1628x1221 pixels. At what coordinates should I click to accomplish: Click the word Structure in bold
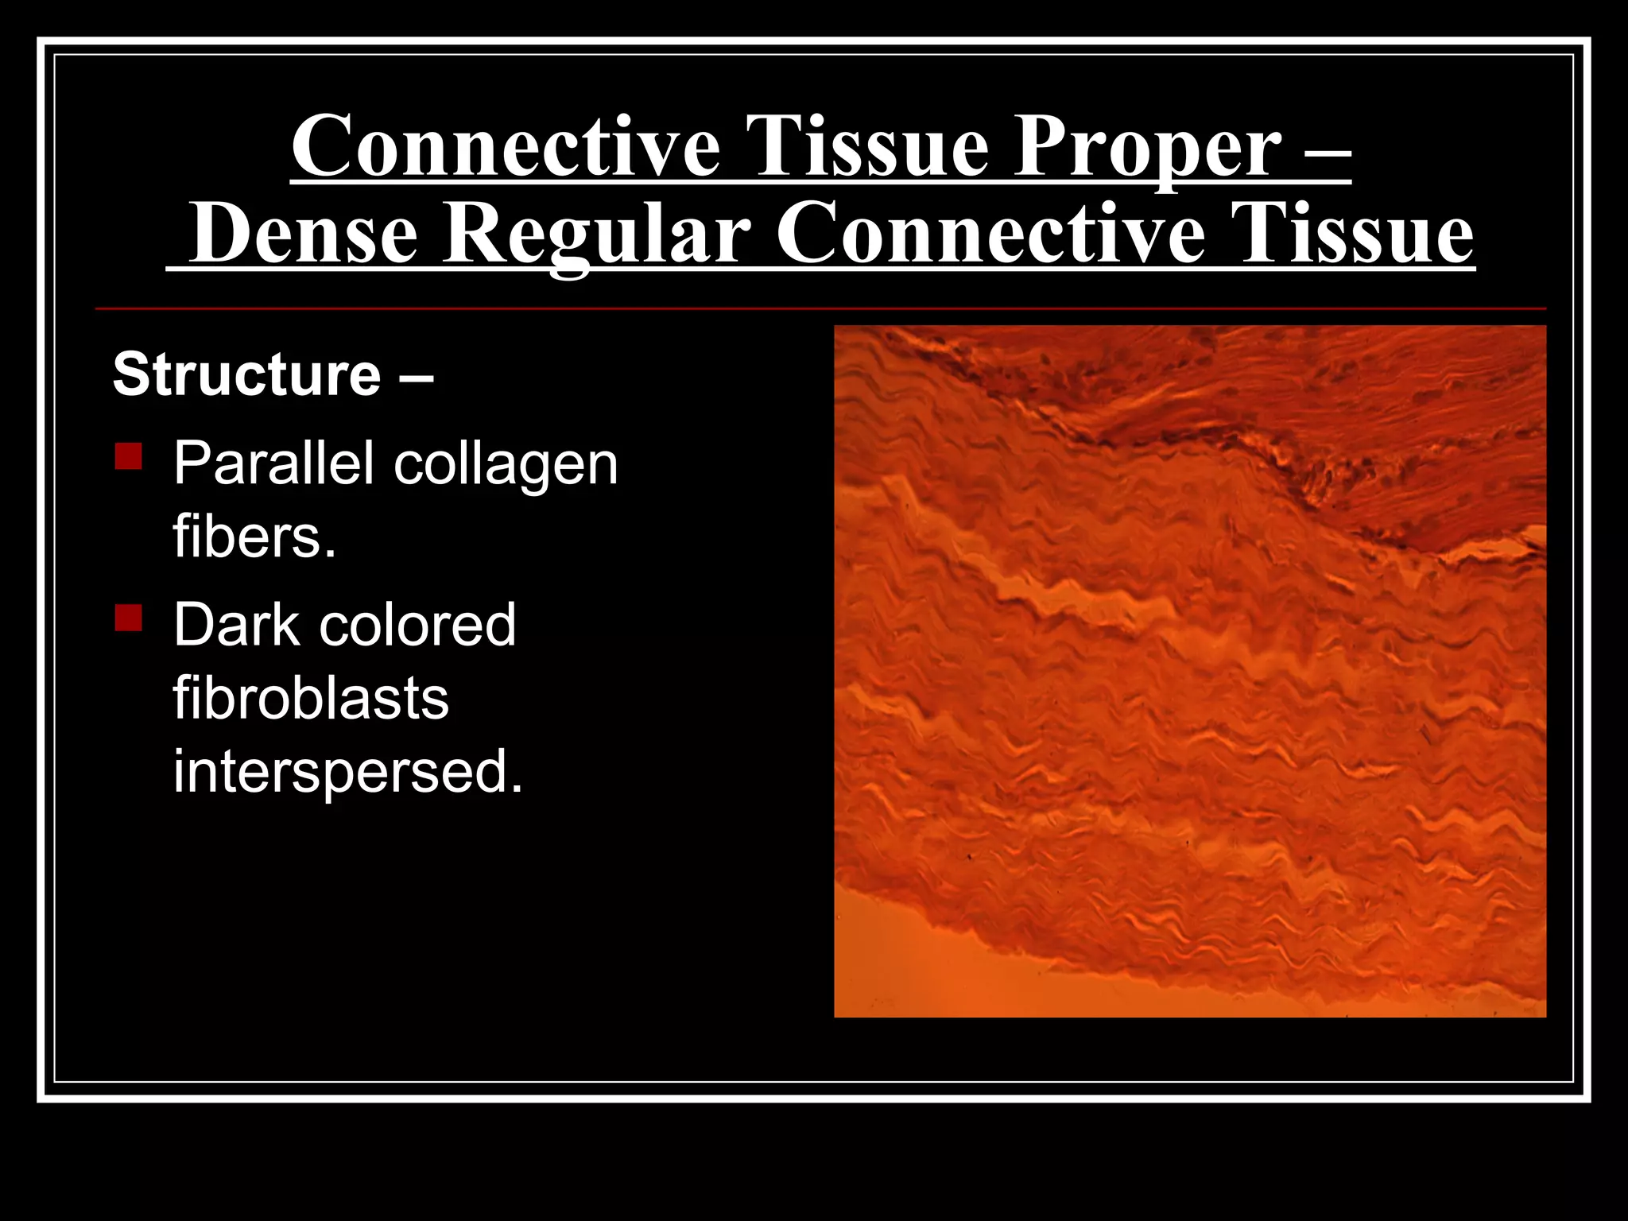(247, 374)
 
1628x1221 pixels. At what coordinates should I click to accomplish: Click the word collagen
(506, 465)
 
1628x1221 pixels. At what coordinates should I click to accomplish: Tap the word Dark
(235, 625)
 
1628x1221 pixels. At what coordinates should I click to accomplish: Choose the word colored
(417, 625)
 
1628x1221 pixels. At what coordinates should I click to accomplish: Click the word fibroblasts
(311, 699)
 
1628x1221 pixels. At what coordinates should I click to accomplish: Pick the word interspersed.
(348, 772)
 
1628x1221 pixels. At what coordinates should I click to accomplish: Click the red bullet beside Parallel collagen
(128, 456)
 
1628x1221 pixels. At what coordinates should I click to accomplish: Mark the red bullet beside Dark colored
(128, 618)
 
